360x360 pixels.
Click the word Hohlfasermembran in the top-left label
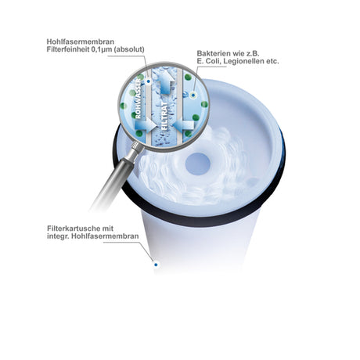coord(81,41)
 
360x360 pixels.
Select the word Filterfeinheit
coord(68,49)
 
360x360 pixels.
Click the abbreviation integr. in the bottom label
coord(58,236)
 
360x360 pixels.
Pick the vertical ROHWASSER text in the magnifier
coord(138,99)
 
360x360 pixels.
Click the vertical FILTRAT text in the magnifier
coord(164,116)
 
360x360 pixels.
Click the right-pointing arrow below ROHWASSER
coord(146,125)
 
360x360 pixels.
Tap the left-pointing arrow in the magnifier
coord(183,124)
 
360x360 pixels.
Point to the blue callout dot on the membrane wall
coord(149,81)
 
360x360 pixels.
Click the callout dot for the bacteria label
coord(193,95)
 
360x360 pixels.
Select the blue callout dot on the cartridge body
coord(156,265)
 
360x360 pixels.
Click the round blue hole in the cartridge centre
coord(198,164)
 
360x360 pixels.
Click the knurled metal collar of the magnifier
coord(136,149)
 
